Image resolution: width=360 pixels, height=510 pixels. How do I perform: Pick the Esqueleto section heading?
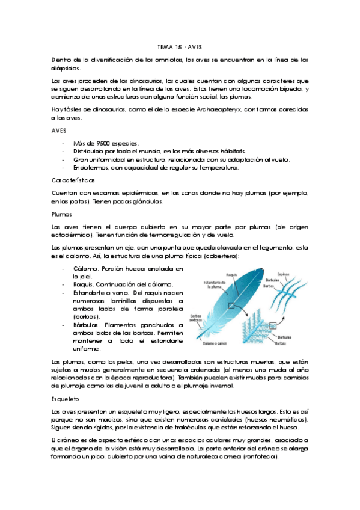click(x=67, y=398)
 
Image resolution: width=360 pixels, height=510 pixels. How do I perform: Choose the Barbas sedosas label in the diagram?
click(x=196, y=318)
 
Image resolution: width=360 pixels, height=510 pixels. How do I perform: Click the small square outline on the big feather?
click(x=231, y=306)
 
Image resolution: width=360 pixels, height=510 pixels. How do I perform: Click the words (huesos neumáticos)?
click(x=279, y=419)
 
